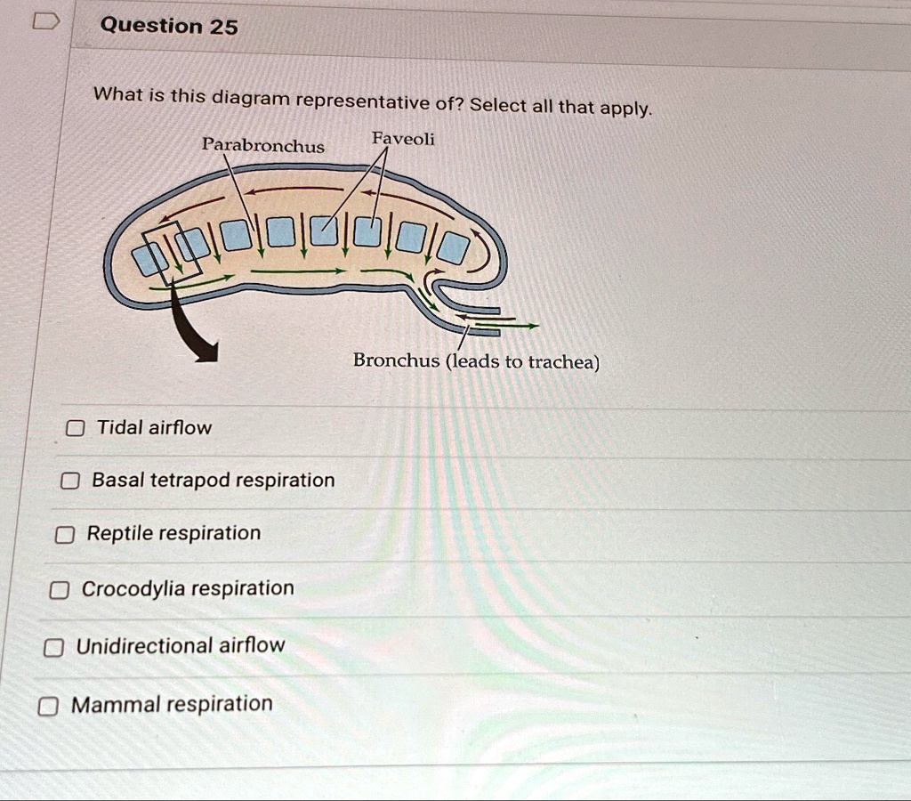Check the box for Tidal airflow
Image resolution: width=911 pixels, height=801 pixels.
[77, 429]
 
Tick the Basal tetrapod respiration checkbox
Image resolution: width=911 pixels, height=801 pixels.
[69, 481]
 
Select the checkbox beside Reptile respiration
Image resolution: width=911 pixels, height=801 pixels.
[64, 535]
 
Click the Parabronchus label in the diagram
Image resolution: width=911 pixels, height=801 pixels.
[262, 145]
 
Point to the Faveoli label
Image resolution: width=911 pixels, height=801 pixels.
[403, 139]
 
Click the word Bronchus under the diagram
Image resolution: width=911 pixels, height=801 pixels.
[396, 360]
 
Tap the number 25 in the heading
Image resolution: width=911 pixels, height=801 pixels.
[223, 27]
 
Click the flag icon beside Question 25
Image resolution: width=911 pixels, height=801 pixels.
[44, 23]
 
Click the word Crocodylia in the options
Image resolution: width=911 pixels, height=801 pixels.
[133, 589]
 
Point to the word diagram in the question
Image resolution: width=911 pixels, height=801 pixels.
[250, 98]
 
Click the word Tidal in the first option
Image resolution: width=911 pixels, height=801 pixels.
[120, 428]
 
